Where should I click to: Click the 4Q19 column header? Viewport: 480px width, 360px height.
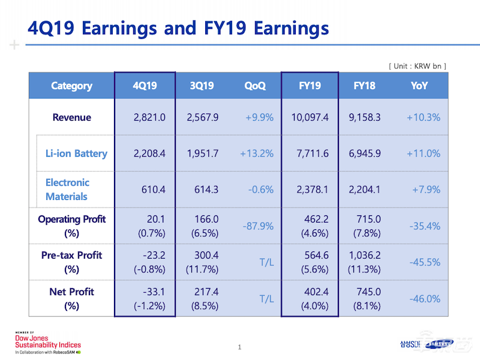(x=145, y=86)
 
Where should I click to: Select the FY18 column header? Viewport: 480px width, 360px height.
(x=365, y=86)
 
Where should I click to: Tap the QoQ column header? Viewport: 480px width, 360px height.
(x=254, y=86)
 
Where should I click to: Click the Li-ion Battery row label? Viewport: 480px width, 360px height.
(x=76, y=153)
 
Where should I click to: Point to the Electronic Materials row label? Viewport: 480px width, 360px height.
(x=67, y=190)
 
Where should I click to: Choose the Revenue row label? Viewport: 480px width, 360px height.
(x=72, y=117)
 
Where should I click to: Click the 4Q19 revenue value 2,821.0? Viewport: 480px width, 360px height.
(x=149, y=117)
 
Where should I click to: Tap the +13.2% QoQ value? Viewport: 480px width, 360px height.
(x=257, y=153)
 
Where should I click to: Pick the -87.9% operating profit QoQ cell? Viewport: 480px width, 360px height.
(x=258, y=226)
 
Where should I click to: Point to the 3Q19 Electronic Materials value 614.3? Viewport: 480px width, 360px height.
(x=202, y=190)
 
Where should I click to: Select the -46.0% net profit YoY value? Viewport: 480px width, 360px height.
(x=425, y=299)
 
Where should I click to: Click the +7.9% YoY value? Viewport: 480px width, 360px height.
(x=426, y=190)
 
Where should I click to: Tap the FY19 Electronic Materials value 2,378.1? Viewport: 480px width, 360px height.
(x=313, y=190)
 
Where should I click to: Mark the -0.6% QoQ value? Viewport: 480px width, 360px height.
(x=260, y=190)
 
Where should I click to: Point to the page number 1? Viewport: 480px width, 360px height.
(x=239, y=347)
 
